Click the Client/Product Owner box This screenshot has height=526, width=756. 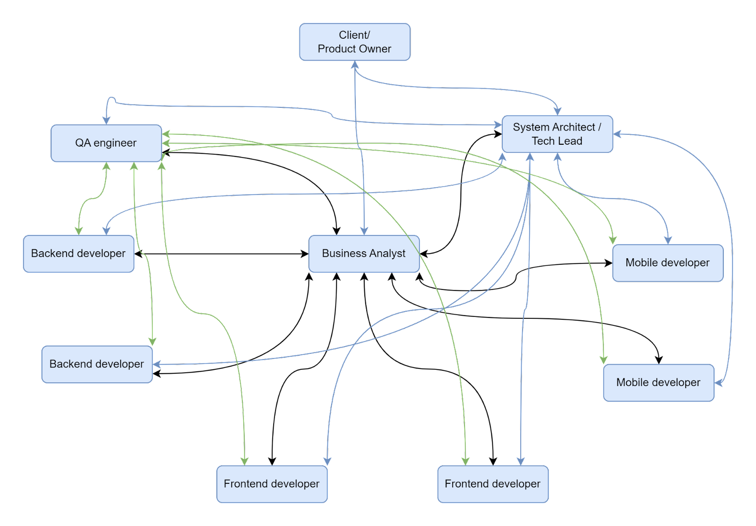point(355,42)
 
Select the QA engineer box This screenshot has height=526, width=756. point(106,143)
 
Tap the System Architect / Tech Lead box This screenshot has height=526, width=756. point(557,134)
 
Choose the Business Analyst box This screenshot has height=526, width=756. point(364,254)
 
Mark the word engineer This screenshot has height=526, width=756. point(115,143)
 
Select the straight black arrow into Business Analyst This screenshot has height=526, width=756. point(222,254)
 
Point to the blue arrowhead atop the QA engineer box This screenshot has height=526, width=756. point(106,121)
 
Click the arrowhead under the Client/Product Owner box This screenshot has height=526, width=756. point(355,65)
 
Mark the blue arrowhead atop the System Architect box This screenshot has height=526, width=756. point(558,112)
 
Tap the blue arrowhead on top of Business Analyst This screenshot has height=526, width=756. point(364,231)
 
